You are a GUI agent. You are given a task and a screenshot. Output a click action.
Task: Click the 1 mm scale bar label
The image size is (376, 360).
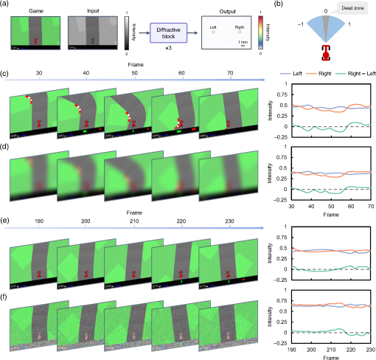[242, 42]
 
